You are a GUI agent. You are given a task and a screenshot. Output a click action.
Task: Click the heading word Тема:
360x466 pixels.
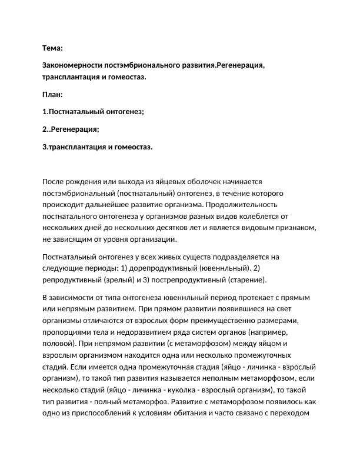coord(53,48)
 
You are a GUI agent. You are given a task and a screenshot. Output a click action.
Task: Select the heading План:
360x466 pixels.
coord(53,94)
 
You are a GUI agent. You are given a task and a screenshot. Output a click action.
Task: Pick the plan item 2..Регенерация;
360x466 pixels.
coord(71,129)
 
